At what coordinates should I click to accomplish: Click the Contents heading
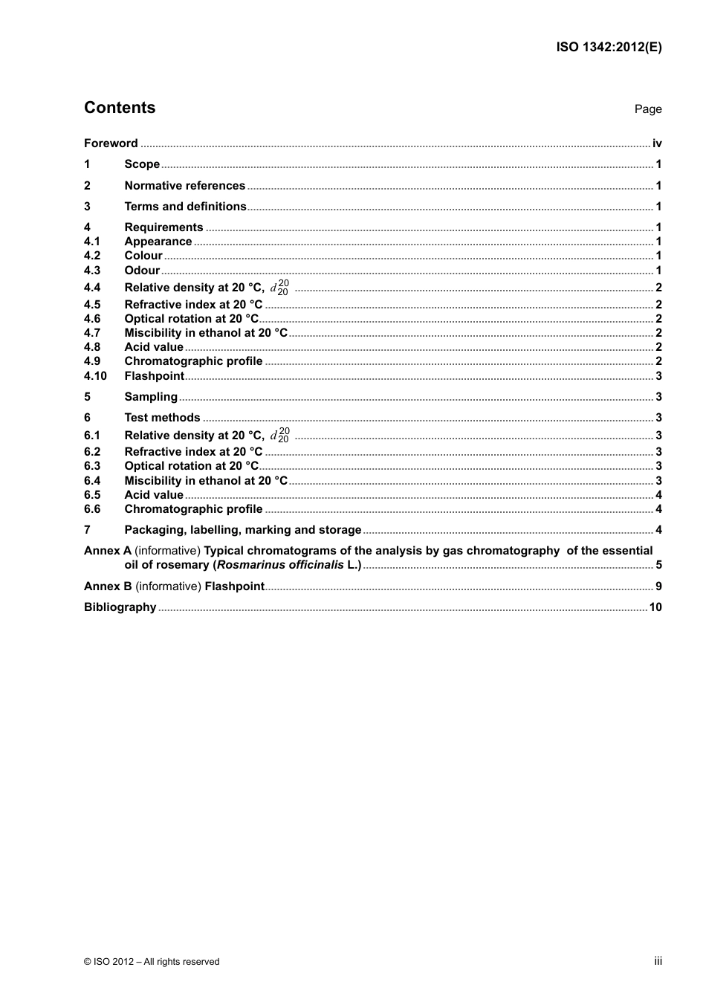coord(120,108)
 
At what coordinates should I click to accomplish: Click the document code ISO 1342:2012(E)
coord(609,47)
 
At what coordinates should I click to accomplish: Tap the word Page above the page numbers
coord(647,109)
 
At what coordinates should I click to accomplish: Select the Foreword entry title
coord(111,143)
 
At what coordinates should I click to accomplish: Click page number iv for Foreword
coord(657,143)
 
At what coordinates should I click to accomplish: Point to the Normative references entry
coord(184,186)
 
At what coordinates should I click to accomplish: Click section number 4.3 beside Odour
coord(91,271)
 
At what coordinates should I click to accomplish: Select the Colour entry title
coord(143,256)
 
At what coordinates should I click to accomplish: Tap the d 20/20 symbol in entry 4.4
coord(279,288)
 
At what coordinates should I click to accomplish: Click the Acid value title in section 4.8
coord(154,347)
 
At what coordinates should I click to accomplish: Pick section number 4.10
coord(95,376)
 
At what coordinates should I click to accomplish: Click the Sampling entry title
coord(151,397)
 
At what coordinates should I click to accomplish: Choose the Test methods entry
coord(162,418)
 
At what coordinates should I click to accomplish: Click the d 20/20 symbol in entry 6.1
coord(279,436)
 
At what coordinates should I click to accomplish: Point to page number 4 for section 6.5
coord(658,495)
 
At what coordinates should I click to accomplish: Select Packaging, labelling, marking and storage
coord(242,530)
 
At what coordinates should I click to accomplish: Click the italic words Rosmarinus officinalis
coord(280,565)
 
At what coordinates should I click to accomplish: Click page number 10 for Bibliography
coord(655,607)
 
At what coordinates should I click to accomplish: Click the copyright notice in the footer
coord(152,962)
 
